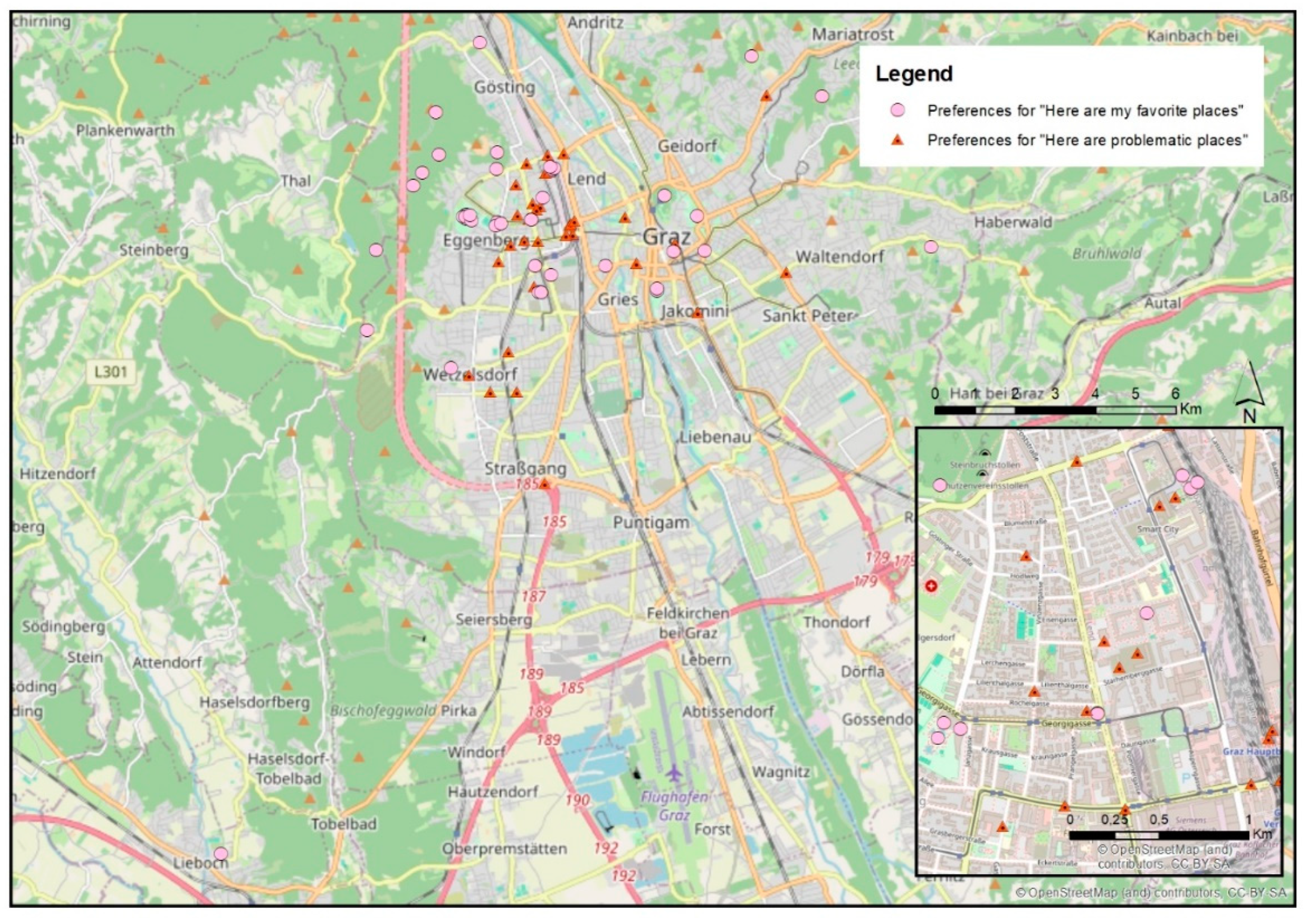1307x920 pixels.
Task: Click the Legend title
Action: click(913, 74)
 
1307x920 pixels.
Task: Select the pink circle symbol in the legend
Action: click(898, 111)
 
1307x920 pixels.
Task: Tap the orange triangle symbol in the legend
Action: click(898, 139)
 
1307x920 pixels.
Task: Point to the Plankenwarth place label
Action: click(125, 130)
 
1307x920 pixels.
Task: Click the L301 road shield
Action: click(111, 372)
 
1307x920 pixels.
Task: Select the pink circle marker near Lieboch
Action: click(221, 853)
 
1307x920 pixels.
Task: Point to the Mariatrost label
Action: click(852, 35)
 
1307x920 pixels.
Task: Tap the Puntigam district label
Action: click(651, 522)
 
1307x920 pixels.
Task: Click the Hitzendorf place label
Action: click(58, 473)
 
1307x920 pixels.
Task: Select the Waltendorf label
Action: click(840, 257)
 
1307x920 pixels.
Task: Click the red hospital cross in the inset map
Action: click(931, 586)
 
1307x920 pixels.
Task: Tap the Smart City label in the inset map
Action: click(1158, 529)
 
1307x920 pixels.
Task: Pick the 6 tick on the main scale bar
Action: click(1175, 393)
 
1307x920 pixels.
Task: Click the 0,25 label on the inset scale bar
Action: click(1114, 820)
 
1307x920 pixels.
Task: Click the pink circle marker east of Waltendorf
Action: click(931, 247)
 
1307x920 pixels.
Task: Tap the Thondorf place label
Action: click(836, 622)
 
